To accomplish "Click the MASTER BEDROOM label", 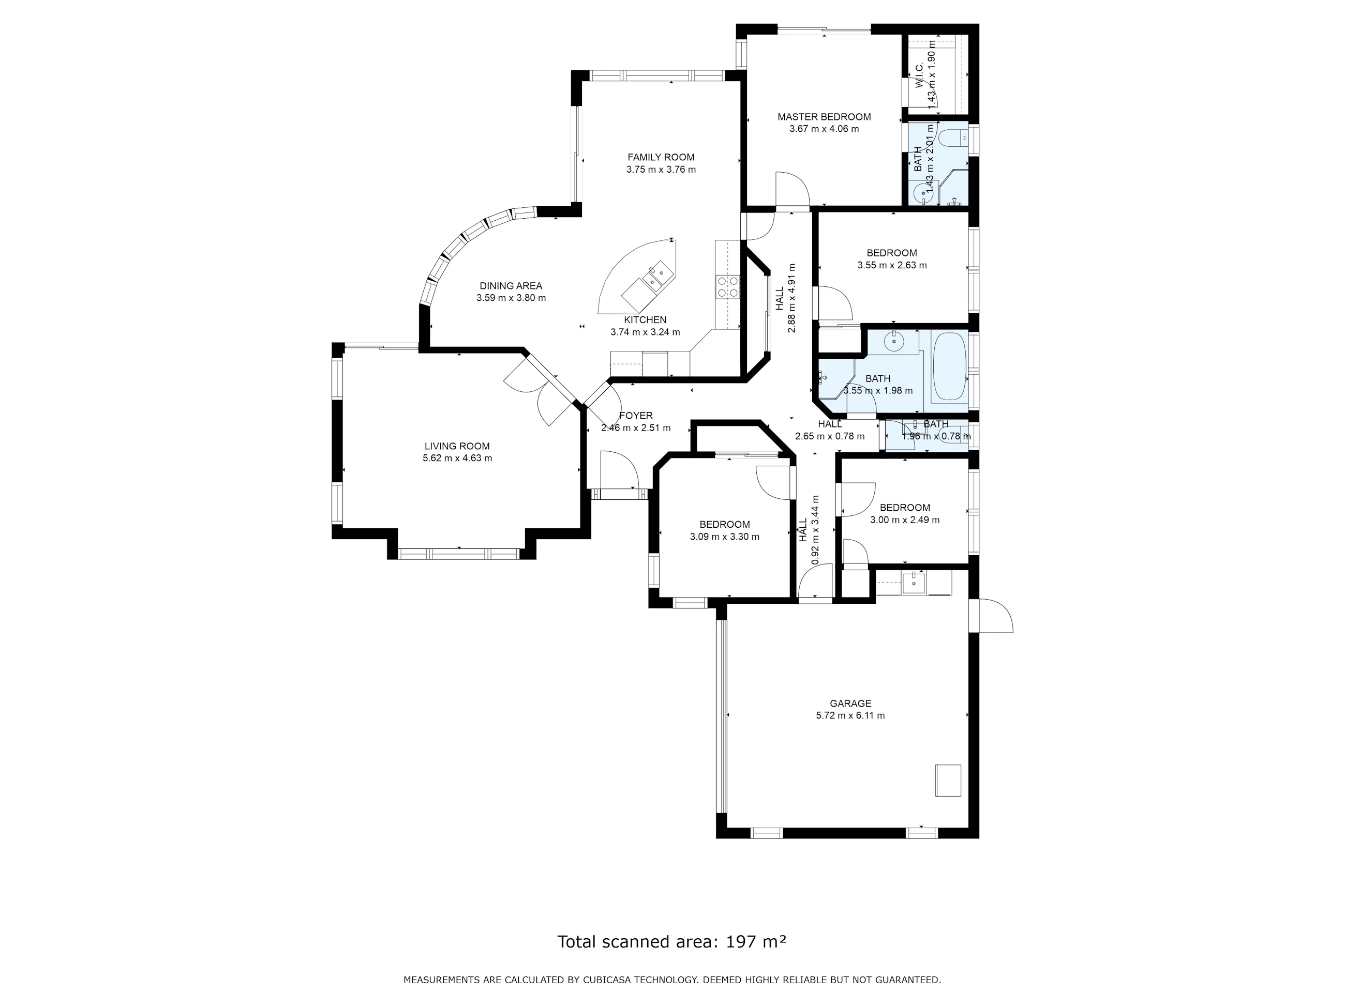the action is click(824, 117).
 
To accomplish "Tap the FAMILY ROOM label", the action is click(661, 157).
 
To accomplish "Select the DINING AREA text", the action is click(511, 286).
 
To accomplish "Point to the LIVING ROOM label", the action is click(457, 447).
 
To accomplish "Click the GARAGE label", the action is click(850, 704).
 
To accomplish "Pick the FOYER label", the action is click(636, 416).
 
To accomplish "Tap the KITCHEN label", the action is click(645, 320).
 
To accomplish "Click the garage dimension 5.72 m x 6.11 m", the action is click(850, 716).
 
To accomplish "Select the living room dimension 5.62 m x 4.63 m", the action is click(457, 458).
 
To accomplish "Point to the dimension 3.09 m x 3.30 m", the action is click(725, 537).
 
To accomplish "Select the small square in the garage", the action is click(948, 781).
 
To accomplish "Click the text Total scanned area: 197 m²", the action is click(672, 942).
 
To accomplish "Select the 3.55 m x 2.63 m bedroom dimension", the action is click(892, 266).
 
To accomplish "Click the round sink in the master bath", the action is click(923, 194).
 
